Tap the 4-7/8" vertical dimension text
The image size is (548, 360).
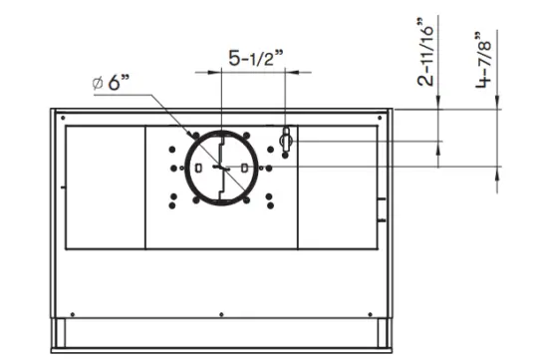pyautogui.click(x=484, y=60)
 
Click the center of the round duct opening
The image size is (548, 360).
pyautogui.click(x=219, y=168)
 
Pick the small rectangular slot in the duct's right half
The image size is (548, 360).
pyautogui.click(x=239, y=168)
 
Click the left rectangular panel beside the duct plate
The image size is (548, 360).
pyautogui.click(x=105, y=186)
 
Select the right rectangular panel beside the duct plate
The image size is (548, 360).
pyautogui.click(x=338, y=186)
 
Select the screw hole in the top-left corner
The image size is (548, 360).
pyautogui.click(x=57, y=114)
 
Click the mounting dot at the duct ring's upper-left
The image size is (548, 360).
pyautogui.click(x=190, y=134)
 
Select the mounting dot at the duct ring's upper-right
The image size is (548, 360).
pyautogui.click(x=249, y=134)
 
